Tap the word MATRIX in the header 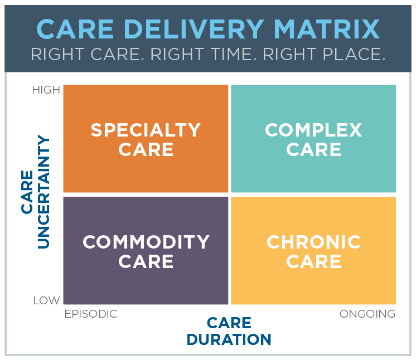[x=327, y=29]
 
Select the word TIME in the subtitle [x=234, y=55]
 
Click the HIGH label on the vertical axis [x=46, y=90]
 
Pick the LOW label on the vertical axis [x=47, y=300]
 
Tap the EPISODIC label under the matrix [x=91, y=314]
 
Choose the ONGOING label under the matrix [x=367, y=314]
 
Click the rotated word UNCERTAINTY [x=43, y=192]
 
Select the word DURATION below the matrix [x=229, y=339]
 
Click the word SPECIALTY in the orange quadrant [x=146, y=130]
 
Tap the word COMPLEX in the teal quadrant [x=313, y=130]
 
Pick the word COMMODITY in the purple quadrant [x=146, y=242]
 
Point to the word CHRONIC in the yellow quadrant [x=313, y=242]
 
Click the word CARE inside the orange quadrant [x=146, y=149]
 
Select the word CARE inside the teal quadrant [x=313, y=149]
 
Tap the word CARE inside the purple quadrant [x=146, y=261]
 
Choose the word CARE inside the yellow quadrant [x=313, y=261]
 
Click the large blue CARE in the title [x=75, y=29]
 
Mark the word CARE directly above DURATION [x=229, y=323]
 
